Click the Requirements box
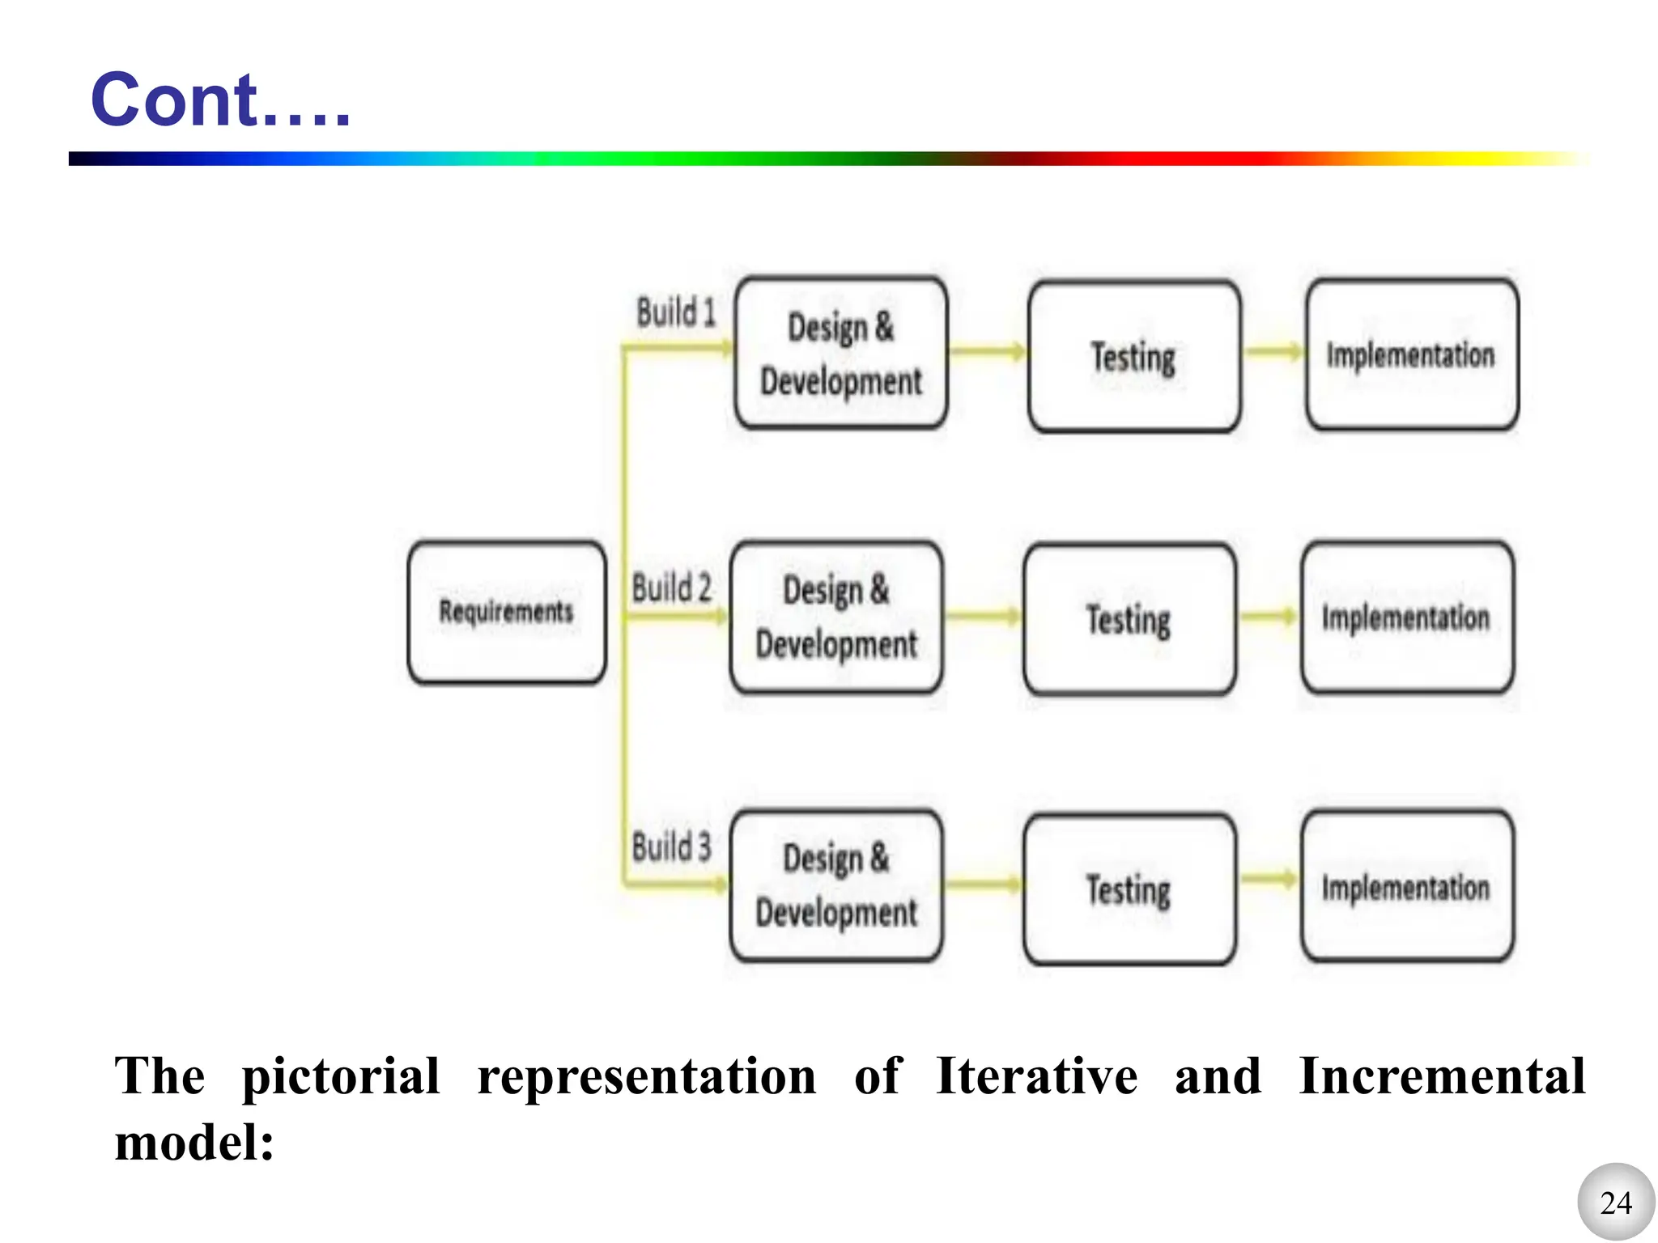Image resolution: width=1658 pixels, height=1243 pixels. pyautogui.click(x=507, y=613)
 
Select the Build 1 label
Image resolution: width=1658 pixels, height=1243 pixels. pyautogui.click(x=676, y=313)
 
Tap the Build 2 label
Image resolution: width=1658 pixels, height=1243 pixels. pyautogui.click(x=671, y=588)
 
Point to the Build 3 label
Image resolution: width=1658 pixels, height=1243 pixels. pyautogui.click(x=671, y=847)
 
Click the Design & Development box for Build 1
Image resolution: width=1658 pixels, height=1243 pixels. pyautogui.click(x=841, y=354)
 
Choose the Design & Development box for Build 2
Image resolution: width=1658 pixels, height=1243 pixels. pyautogui.click(x=836, y=617)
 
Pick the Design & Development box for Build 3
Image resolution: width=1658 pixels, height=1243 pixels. pyautogui.click(x=836, y=886)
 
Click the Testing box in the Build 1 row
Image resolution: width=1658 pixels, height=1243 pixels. pyautogui.click(x=1133, y=357)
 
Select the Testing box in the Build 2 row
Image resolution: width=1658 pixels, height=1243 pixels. pyautogui.click(x=1129, y=620)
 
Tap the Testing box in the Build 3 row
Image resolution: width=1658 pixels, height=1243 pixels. pyautogui.click(x=1129, y=889)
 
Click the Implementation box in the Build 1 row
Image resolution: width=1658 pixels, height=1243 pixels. pyautogui.click(x=1412, y=354)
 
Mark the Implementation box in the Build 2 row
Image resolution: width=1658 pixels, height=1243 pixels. pyautogui.click(x=1407, y=617)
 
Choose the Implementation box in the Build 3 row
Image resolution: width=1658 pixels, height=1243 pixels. pyautogui.click(x=1407, y=887)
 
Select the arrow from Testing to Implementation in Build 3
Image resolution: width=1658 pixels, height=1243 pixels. pyautogui.click(x=1269, y=880)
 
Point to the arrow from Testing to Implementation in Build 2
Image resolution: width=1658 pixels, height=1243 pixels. pyautogui.click(x=1269, y=617)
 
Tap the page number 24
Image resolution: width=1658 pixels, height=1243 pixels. pyautogui.click(x=1616, y=1203)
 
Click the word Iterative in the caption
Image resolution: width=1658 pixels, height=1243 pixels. pyautogui.click(x=1036, y=1077)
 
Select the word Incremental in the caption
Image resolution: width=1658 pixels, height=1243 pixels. pyautogui.click(x=1441, y=1077)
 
